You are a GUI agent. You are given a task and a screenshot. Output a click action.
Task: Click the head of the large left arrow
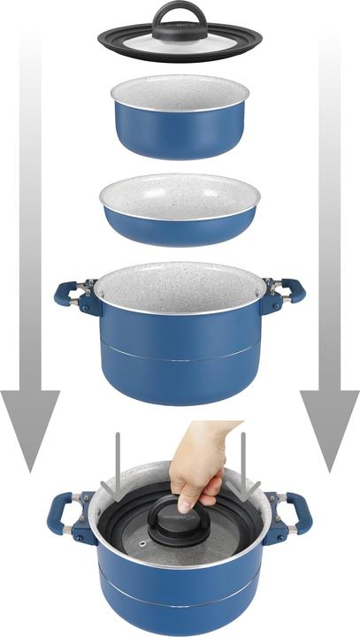click(x=31, y=434)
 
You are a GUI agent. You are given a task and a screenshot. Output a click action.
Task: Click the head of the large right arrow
click(x=329, y=434)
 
